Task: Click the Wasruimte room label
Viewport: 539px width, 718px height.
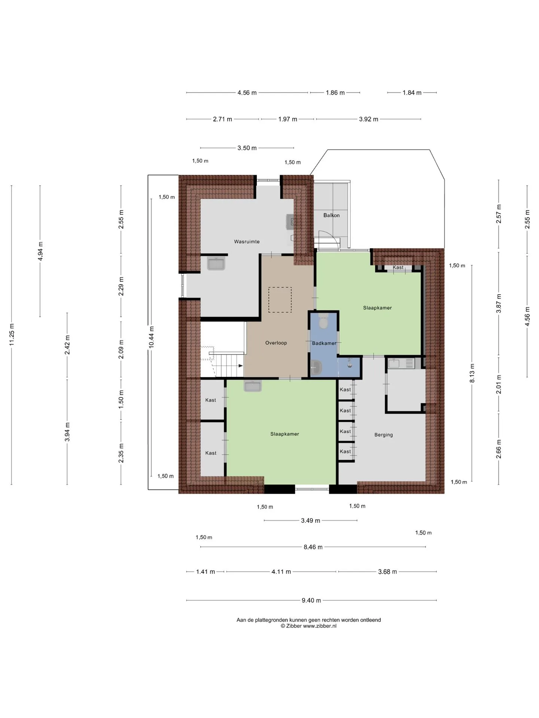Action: [x=247, y=242]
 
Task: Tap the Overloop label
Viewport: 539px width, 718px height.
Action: [x=276, y=343]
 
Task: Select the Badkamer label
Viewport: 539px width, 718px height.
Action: [x=324, y=343]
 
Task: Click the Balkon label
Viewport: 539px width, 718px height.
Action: [x=332, y=215]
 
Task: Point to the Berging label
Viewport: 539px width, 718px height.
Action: [x=384, y=435]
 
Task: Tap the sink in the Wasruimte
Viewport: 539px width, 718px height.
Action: [x=216, y=263]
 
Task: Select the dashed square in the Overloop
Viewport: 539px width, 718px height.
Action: [x=280, y=300]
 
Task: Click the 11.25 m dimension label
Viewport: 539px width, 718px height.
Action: [x=12, y=335]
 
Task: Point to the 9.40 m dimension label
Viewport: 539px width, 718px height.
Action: [x=311, y=601]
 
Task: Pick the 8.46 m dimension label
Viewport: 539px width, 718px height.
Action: [x=313, y=547]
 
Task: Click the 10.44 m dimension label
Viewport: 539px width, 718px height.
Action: [x=152, y=337]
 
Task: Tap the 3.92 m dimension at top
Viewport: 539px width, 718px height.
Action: [x=369, y=119]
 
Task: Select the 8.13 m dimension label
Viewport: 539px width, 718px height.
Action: [x=472, y=373]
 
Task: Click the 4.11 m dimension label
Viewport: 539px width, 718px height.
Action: [x=281, y=572]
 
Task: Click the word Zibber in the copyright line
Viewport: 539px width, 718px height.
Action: [x=294, y=626]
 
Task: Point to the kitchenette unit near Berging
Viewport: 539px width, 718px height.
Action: [x=401, y=363]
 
